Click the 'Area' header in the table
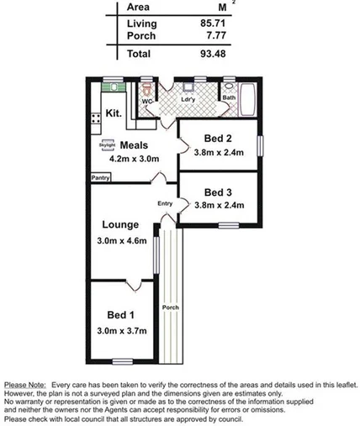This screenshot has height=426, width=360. tap(138, 7)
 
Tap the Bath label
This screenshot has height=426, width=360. tap(229, 97)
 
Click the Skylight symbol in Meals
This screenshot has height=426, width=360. tap(106, 145)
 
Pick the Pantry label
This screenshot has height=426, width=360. tap(101, 177)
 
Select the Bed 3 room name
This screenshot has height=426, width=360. tap(218, 191)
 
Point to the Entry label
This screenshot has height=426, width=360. tap(165, 204)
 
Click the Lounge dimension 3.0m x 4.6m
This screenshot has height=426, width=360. tap(122, 242)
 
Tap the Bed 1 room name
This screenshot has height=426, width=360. tap(120, 315)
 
